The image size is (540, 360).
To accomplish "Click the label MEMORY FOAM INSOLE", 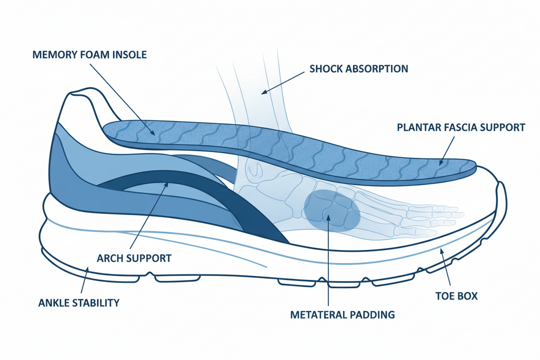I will click(x=90, y=54).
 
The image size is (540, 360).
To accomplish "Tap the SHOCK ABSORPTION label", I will click(x=358, y=69).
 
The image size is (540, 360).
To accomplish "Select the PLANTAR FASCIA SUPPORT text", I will click(x=460, y=127).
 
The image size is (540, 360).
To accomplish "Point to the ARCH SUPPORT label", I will click(x=134, y=258).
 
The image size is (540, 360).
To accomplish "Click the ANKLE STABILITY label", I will click(x=78, y=302).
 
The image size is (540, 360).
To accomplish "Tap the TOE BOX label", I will click(x=456, y=297).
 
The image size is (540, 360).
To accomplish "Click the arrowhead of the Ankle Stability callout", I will click(x=86, y=269).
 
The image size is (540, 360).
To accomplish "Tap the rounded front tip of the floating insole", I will click(x=472, y=168).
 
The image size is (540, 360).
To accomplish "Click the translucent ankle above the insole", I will click(x=255, y=98).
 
